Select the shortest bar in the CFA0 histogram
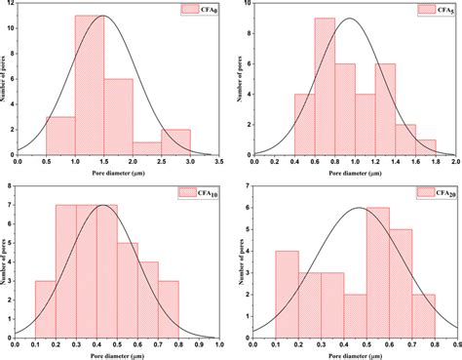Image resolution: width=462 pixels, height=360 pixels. (x=147, y=147)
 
